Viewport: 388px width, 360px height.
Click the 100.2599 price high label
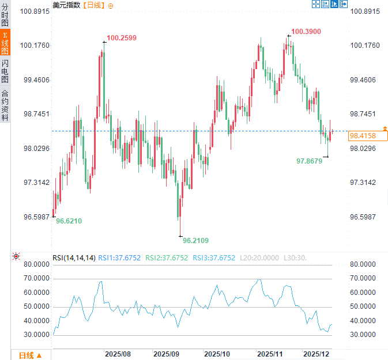pyautogui.click(x=122, y=38)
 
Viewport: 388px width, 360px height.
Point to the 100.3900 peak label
pyautogui.click(x=306, y=32)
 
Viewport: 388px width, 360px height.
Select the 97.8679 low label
pyautogui.click(x=309, y=161)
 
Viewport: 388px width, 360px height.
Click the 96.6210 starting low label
pyautogui.click(x=69, y=221)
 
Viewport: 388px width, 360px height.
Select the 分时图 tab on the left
pyautogui.click(x=5, y=16)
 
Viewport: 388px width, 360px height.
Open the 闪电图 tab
pyautogui.click(x=5, y=71)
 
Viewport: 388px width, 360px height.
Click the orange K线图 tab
pyautogui.click(x=5, y=43)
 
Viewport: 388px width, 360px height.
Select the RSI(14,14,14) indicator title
pyautogui.click(x=74, y=258)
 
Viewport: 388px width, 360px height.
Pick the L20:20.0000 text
pyautogui.click(x=260, y=258)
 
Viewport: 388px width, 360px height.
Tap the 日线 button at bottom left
pyautogui.click(x=30, y=355)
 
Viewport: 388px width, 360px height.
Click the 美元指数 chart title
pyautogui.click(x=67, y=5)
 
